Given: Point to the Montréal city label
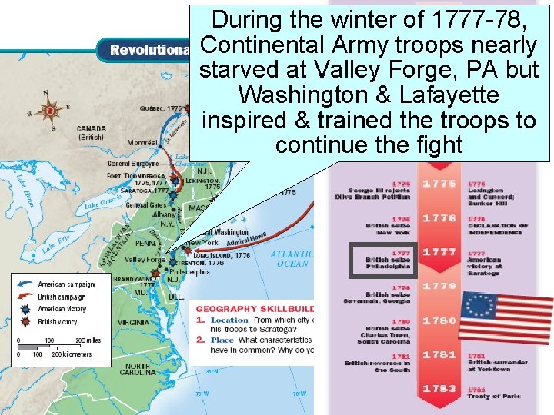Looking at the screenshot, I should click(142, 143).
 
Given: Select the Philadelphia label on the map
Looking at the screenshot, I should click(189, 271).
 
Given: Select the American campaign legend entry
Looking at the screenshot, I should click(66, 284).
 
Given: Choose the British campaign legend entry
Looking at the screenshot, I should click(62, 297).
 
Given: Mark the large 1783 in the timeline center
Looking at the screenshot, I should click(439, 389).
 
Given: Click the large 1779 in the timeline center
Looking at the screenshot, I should click(439, 286).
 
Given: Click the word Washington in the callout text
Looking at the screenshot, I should click(306, 95).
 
